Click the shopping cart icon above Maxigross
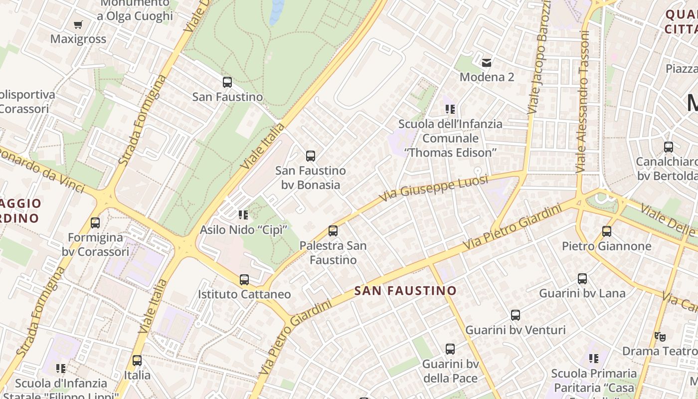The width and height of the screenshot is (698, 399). click(x=78, y=24)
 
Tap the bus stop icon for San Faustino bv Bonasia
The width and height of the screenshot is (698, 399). click(x=311, y=156)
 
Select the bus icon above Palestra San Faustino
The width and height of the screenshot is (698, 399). click(x=333, y=231)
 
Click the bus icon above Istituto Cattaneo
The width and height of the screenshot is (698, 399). click(x=244, y=280)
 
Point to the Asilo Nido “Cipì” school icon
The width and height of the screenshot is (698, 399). click(x=243, y=215)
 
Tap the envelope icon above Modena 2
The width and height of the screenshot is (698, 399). click(x=487, y=62)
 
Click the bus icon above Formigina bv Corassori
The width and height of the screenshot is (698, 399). click(x=95, y=223)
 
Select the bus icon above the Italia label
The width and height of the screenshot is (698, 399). click(x=137, y=360)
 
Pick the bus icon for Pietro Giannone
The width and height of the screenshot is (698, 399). click(x=607, y=231)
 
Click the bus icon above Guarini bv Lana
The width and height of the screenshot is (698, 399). click(x=582, y=279)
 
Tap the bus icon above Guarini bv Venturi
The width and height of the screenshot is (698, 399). click(x=516, y=315)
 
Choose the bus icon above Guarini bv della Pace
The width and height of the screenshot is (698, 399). click(x=450, y=349)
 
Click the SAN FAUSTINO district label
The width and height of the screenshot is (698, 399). click(x=405, y=291)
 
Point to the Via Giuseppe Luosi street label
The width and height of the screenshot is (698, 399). click(x=433, y=188)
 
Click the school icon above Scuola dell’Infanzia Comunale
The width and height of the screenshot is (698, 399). click(x=450, y=109)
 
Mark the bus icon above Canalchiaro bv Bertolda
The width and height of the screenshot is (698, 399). click(x=669, y=147)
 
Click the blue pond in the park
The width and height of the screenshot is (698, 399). click(x=277, y=11)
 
